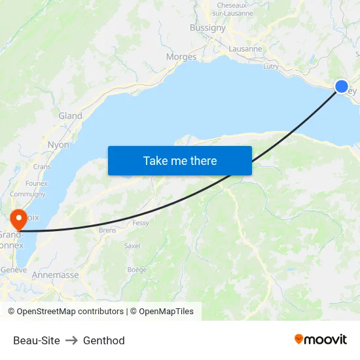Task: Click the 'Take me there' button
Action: point(179,160)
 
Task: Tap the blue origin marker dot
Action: point(342,86)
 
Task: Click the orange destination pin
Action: point(18,219)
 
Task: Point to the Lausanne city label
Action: point(245,48)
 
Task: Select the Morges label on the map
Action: point(181,57)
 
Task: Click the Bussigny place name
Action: point(207,27)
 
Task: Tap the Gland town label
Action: point(71,116)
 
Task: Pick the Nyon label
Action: point(58,145)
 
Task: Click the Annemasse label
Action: point(55,276)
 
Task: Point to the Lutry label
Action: point(270,66)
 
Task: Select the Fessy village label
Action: point(140,223)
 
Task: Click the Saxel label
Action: point(132,246)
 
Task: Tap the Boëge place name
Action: point(137,270)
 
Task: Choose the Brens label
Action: point(107,230)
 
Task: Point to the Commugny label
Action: point(27,194)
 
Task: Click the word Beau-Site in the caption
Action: point(37,340)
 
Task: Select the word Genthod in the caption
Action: point(103,340)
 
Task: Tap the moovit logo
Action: point(321,339)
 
